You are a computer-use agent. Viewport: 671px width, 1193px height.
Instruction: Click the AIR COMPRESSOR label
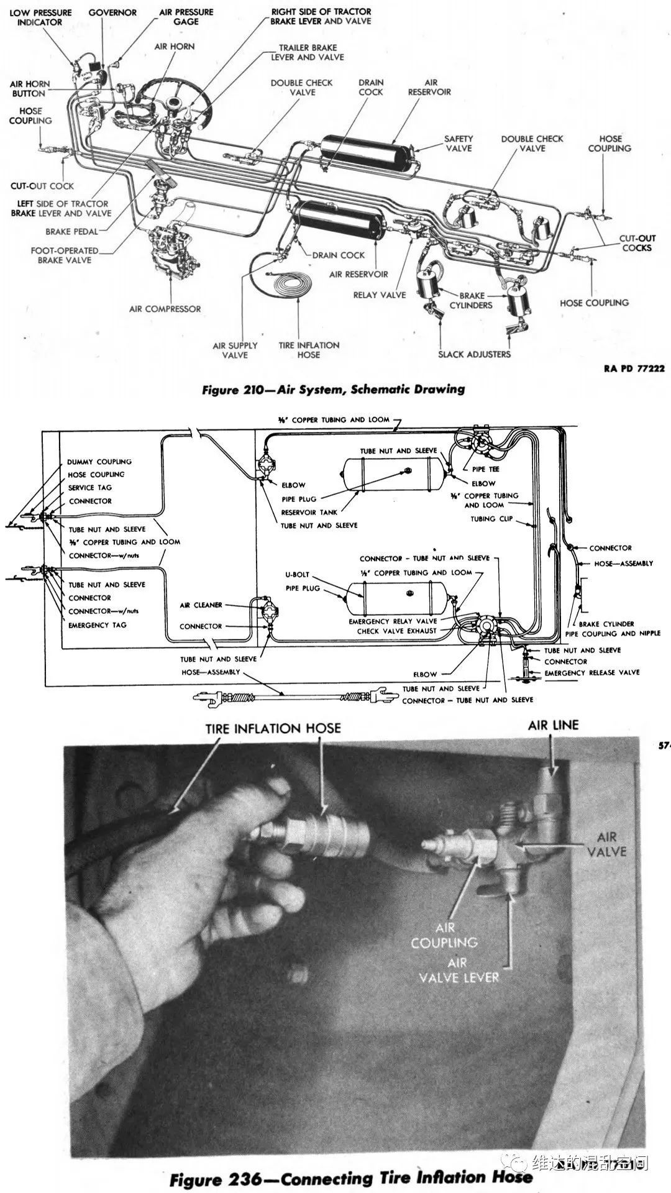point(165,309)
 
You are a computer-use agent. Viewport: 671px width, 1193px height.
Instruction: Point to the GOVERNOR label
point(112,12)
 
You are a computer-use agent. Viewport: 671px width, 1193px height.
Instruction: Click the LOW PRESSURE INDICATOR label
point(40,17)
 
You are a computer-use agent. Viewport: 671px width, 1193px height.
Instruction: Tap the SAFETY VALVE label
point(459,144)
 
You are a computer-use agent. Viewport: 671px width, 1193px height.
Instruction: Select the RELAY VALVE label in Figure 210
point(379,295)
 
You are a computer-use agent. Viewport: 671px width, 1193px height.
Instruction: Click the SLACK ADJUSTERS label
point(474,354)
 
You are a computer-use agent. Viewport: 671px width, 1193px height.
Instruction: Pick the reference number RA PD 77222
point(634,368)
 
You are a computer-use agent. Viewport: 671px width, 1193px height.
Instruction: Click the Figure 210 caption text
point(334,390)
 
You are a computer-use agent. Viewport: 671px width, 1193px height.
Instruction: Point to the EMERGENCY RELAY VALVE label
point(393,621)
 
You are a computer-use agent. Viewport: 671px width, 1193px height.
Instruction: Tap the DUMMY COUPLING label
point(99,462)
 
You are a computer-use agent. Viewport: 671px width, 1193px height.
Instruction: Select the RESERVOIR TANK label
point(309,513)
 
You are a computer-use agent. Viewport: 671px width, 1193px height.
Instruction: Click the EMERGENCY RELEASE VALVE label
point(591,672)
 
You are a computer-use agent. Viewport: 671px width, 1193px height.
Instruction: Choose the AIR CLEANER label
point(201,605)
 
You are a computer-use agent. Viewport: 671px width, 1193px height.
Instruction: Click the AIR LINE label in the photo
point(553,725)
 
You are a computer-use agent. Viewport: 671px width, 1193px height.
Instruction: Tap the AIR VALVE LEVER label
point(459,971)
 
